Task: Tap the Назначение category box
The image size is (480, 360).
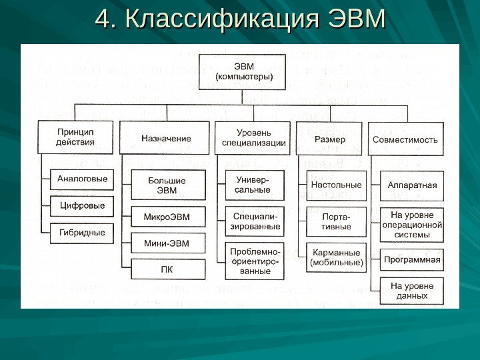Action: coord(166,139)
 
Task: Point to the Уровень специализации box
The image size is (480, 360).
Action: coord(253,138)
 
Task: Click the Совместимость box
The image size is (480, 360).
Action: coord(405,139)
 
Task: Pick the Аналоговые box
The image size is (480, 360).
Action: coord(82,179)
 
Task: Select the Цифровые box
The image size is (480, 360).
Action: coord(82,206)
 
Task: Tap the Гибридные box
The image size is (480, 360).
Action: coord(82,233)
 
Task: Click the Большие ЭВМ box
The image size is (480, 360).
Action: coord(167,185)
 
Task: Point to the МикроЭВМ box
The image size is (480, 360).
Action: coord(167,217)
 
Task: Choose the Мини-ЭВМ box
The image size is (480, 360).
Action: coord(167,243)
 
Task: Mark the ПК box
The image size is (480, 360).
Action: coord(167,269)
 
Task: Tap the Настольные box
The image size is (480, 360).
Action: coord(337,185)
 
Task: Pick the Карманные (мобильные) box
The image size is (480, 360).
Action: coord(337,258)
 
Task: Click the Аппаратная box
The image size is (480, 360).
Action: coord(412,185)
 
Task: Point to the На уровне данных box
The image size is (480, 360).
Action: coord(412,291)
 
